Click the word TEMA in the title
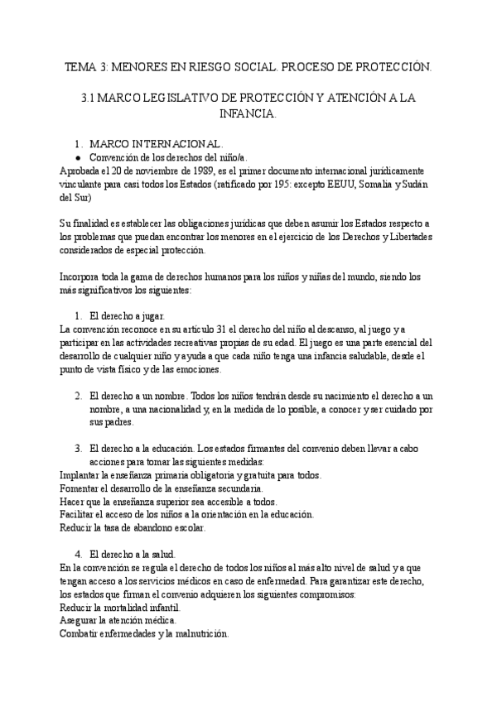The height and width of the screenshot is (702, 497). coord(80,65)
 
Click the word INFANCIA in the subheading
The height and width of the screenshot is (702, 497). coord(248,113)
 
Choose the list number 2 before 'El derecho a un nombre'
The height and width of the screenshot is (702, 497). coord(78,395)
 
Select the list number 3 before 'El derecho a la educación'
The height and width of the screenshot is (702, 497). coord(78,448)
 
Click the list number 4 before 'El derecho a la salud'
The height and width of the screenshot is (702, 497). coord(78,554)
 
